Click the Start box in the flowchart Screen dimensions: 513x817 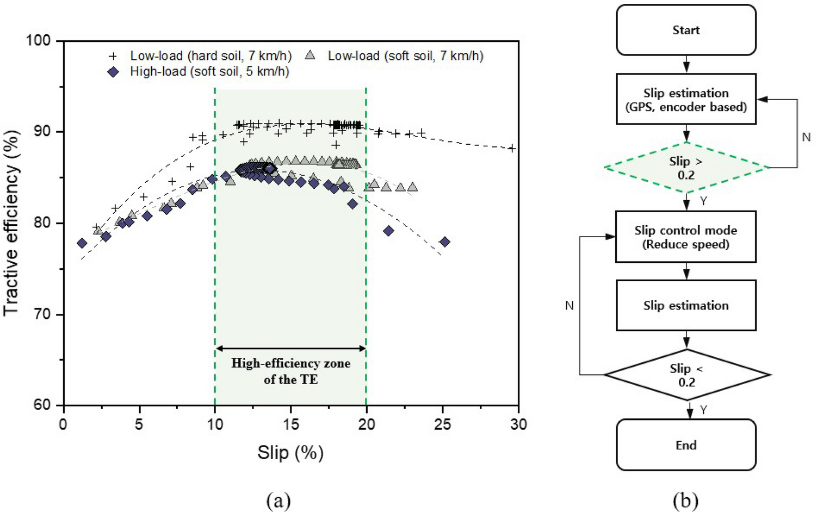click(686, 30)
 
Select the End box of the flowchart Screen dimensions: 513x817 click(686, 445)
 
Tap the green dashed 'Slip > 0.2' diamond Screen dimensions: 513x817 click(686, 168)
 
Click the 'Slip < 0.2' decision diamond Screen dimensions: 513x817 click(686, 375)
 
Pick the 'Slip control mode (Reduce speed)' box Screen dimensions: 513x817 click(686, 237)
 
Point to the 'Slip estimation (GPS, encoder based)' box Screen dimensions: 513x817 click(686, 100)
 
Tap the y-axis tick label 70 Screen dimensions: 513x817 click(41, 314)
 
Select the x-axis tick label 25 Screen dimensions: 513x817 click(443, 424)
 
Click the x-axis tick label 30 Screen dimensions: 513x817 click(518, 424)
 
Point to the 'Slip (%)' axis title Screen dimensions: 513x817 click(290, 453)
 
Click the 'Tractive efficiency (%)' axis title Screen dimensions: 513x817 click(12, 222)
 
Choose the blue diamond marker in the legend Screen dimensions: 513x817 click(113, 72)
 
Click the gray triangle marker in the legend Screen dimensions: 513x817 click(310, 55)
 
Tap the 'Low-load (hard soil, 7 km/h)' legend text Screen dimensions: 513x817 click(211, 55)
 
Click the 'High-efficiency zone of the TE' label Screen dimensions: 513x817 click(290, 371)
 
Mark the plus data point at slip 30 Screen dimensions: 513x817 click(512, 148)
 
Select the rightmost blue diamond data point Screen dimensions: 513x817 click(445, 242)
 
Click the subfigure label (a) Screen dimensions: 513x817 click(278, 500)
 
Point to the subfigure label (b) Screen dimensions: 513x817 click(685, 500)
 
